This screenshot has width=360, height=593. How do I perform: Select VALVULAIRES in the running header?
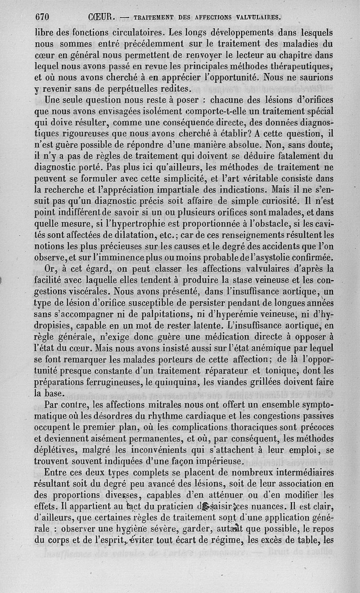point(257,18)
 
